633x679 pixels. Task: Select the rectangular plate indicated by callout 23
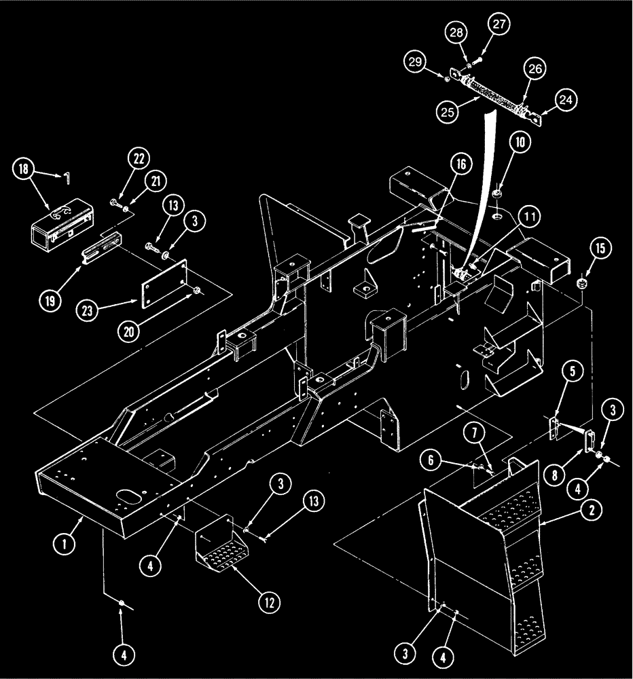[x=165, y=290]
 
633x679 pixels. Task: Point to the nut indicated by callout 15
[x=581, y=282]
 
